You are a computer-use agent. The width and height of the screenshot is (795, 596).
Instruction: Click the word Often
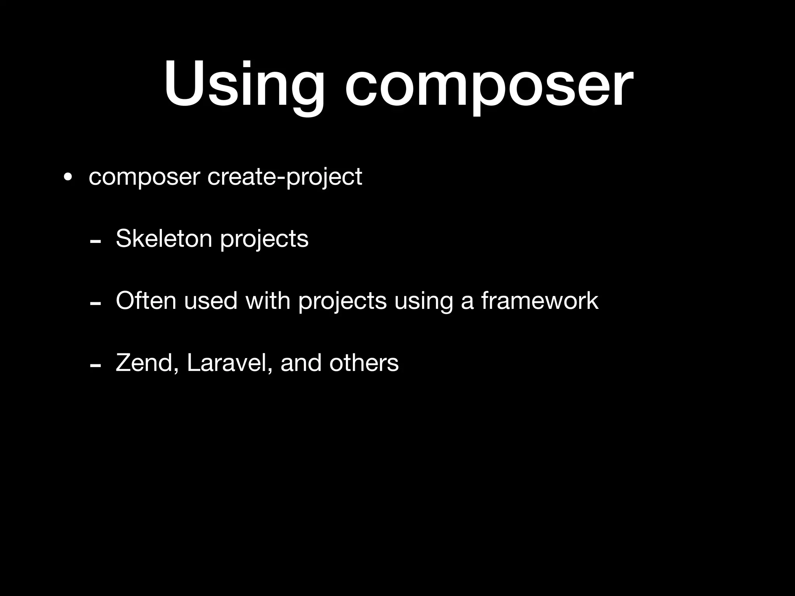click(146, 300)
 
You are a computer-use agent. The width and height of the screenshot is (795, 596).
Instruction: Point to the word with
click(268, 300)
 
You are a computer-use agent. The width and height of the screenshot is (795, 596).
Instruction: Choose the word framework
click(540, 300)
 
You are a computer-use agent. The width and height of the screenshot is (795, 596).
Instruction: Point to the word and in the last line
click(301, 363)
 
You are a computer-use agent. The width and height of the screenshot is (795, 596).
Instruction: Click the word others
click(364, 363)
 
